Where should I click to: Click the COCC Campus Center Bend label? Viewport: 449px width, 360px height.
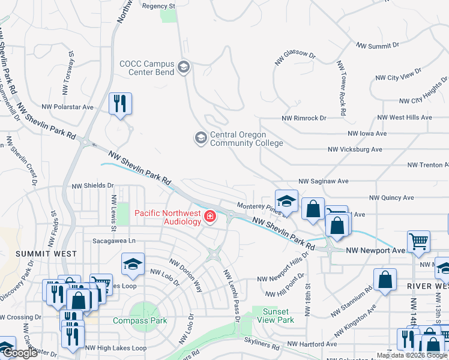click(x=147, y=68)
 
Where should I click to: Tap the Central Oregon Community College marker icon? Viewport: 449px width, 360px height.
click(x=199, y=139)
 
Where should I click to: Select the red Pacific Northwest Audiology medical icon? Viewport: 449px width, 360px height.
click(x=210, y=216)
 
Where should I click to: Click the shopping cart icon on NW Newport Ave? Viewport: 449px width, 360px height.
click(x=419, y=242)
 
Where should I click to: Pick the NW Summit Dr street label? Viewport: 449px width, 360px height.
click(x=378, y=46)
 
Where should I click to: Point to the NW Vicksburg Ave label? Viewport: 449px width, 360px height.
click(x=355, y=149)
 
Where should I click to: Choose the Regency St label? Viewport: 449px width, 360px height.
click(x=158, y=6)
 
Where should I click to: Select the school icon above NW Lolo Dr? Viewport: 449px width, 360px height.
click(x=133, y=263)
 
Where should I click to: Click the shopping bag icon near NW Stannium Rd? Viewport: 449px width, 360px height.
click(x=385, y=279)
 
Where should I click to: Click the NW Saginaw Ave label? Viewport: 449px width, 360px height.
click(x=323, y=181)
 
